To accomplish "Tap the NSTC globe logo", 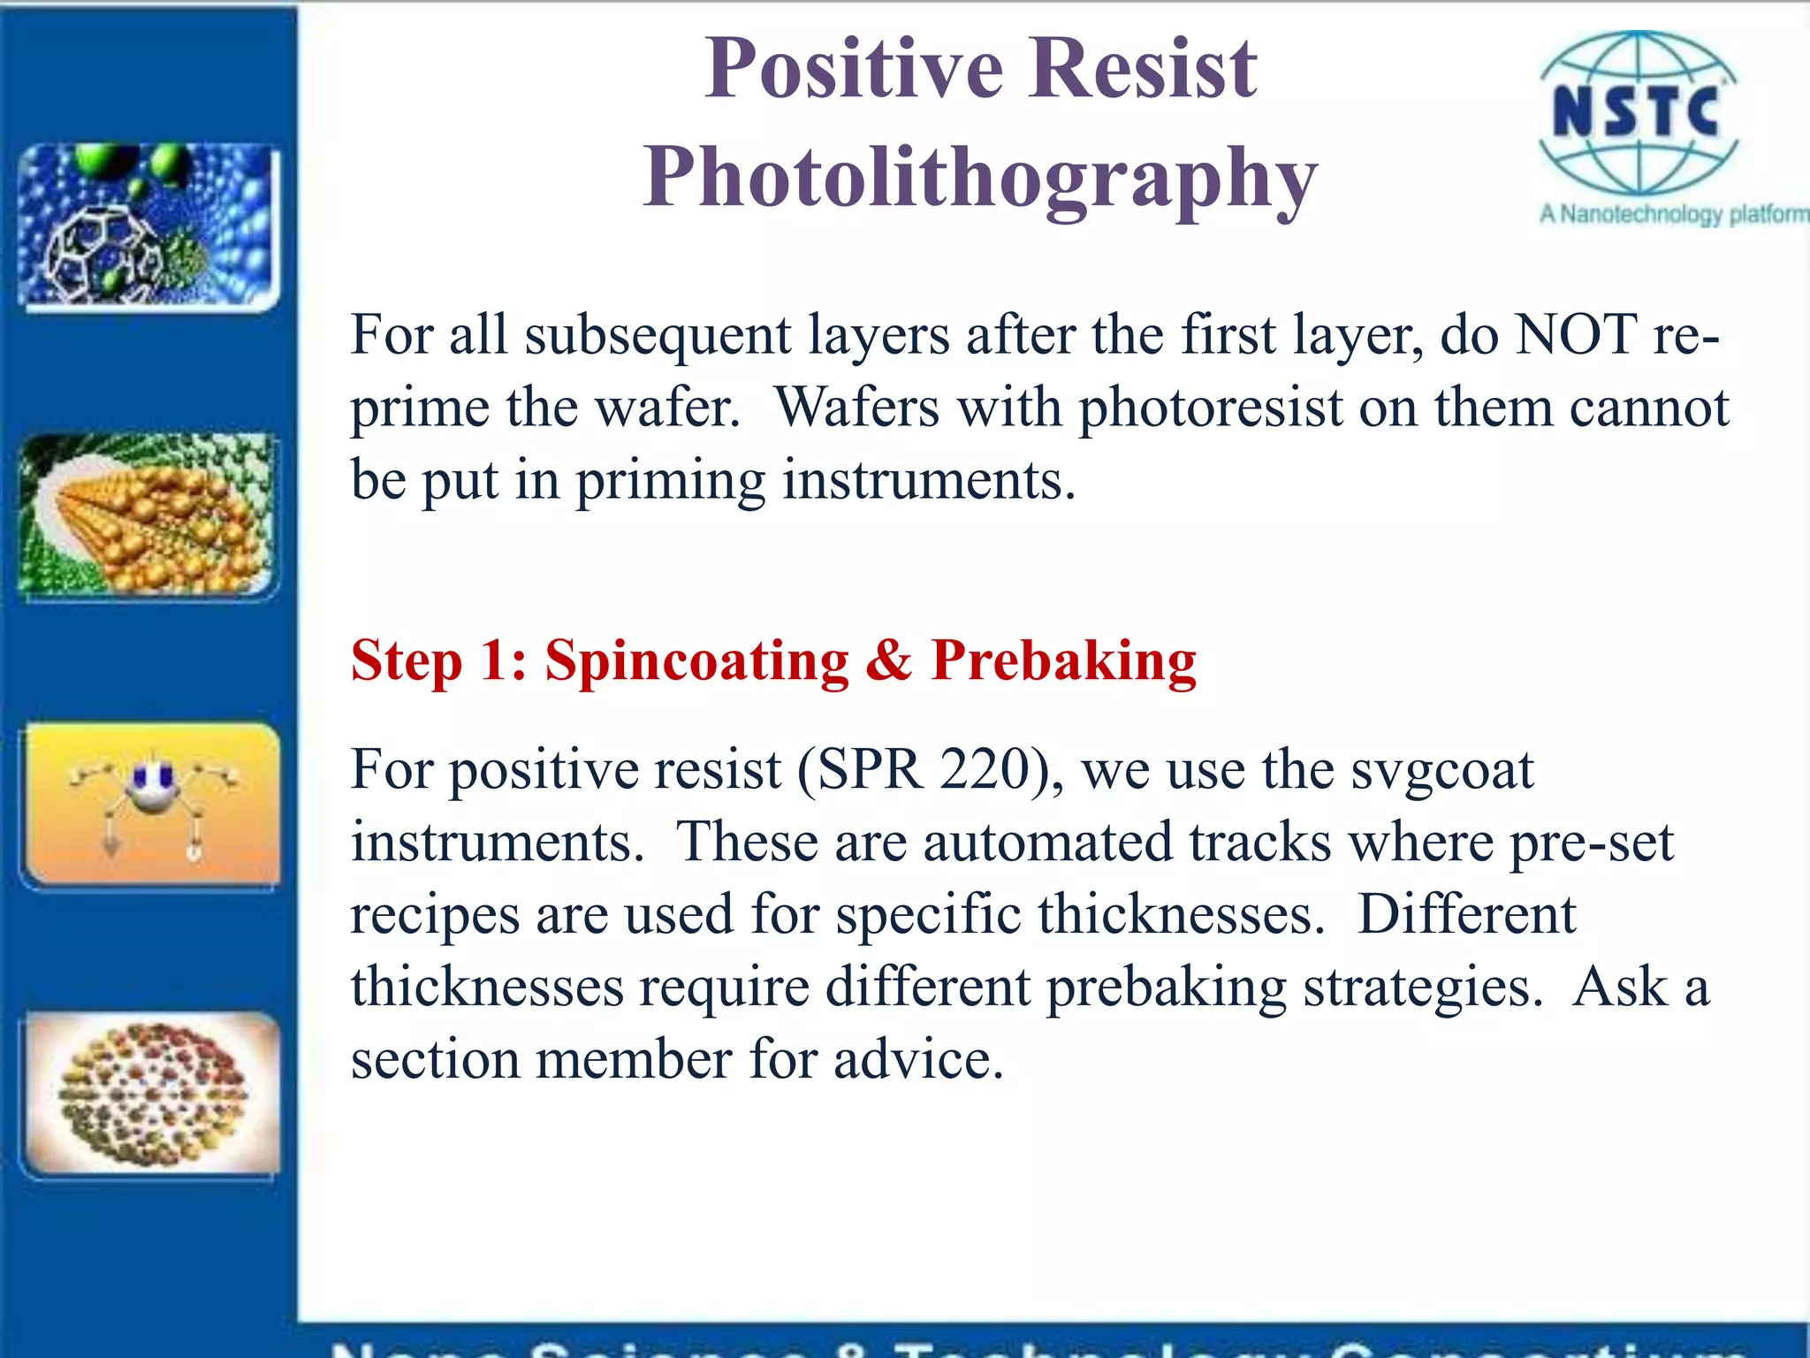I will (1638, 113).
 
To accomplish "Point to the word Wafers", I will (856, 408).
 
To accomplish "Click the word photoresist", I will (1210, 408).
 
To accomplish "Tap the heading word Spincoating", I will (696, 660).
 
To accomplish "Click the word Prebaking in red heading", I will (1063, 660).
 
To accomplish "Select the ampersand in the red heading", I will (888, 660).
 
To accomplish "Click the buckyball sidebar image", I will (148, 225).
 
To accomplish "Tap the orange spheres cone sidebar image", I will (148, 515).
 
